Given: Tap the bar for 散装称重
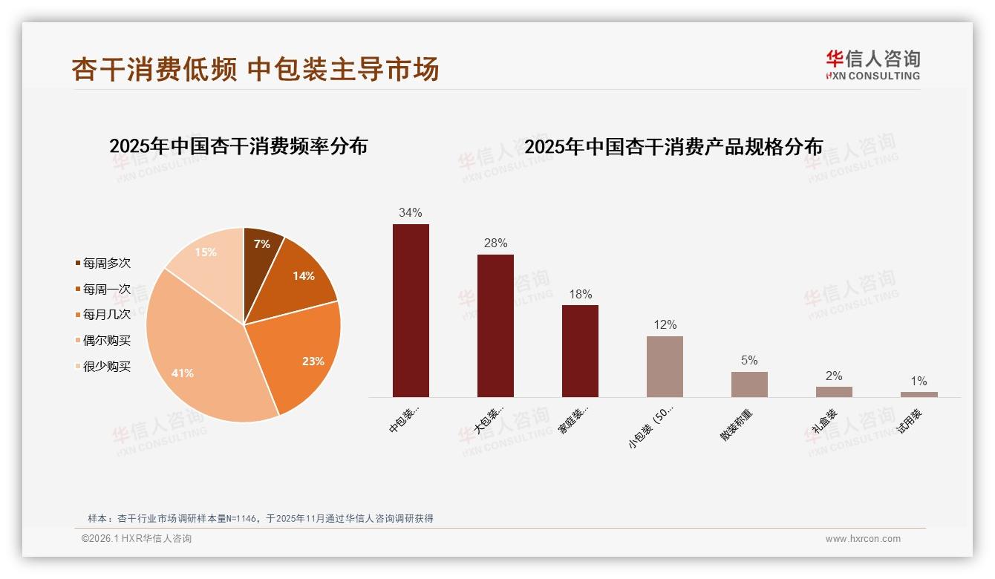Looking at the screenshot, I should [x=749, y=385].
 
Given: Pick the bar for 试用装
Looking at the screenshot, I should [x=919, y=394].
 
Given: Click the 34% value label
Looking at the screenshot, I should [x=411, y=212].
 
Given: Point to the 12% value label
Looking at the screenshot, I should [x=665, y=325].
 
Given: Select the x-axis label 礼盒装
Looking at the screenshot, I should [x=824, y=421].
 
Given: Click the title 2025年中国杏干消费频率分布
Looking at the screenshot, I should [x=238, y=146].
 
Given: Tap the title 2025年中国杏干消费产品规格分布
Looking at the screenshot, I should [x=673, y=147].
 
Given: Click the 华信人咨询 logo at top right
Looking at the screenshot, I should [x=872, y=65].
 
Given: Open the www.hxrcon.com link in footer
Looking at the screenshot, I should [x=863, y=539].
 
